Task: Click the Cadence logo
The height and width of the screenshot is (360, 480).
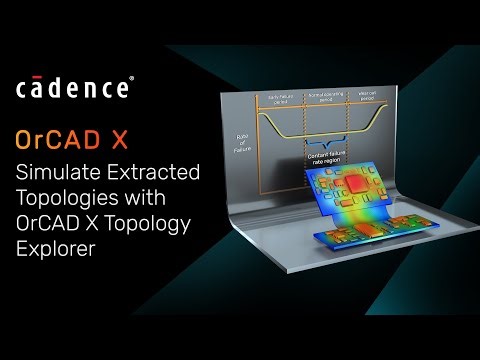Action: coord(73,88)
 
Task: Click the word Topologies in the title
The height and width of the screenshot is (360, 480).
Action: coord(65,198)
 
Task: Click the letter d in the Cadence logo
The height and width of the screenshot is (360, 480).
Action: coord(71,88)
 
